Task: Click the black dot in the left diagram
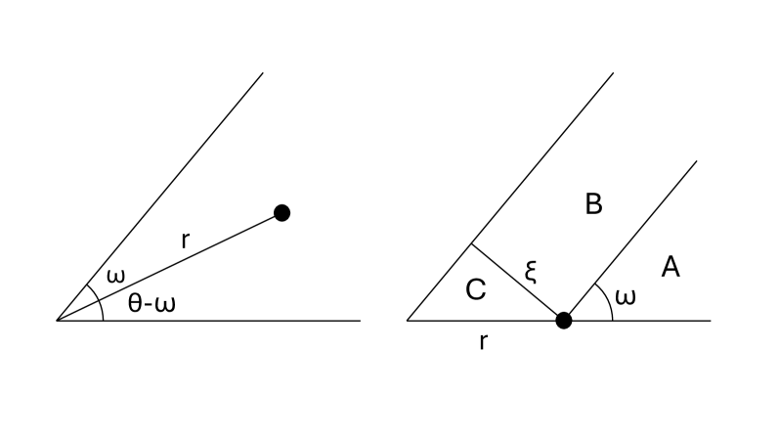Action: [281, 212]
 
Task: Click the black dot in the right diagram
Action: [563, 320]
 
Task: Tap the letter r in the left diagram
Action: [185, 240]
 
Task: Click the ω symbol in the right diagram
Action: [626, 296]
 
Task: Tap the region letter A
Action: [671, 266]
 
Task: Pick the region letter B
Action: [593, 204]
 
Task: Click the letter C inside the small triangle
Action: [475, 290]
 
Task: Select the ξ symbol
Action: [531, 271]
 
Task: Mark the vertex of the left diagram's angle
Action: [57, 320]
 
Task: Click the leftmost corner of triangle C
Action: [408, 320]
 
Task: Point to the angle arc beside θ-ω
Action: [102, 309]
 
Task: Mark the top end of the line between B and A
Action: [696, 160]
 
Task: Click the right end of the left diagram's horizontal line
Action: [361, 320]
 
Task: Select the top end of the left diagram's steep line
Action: [263, 72]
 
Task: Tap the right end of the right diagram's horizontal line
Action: [711, 320]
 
